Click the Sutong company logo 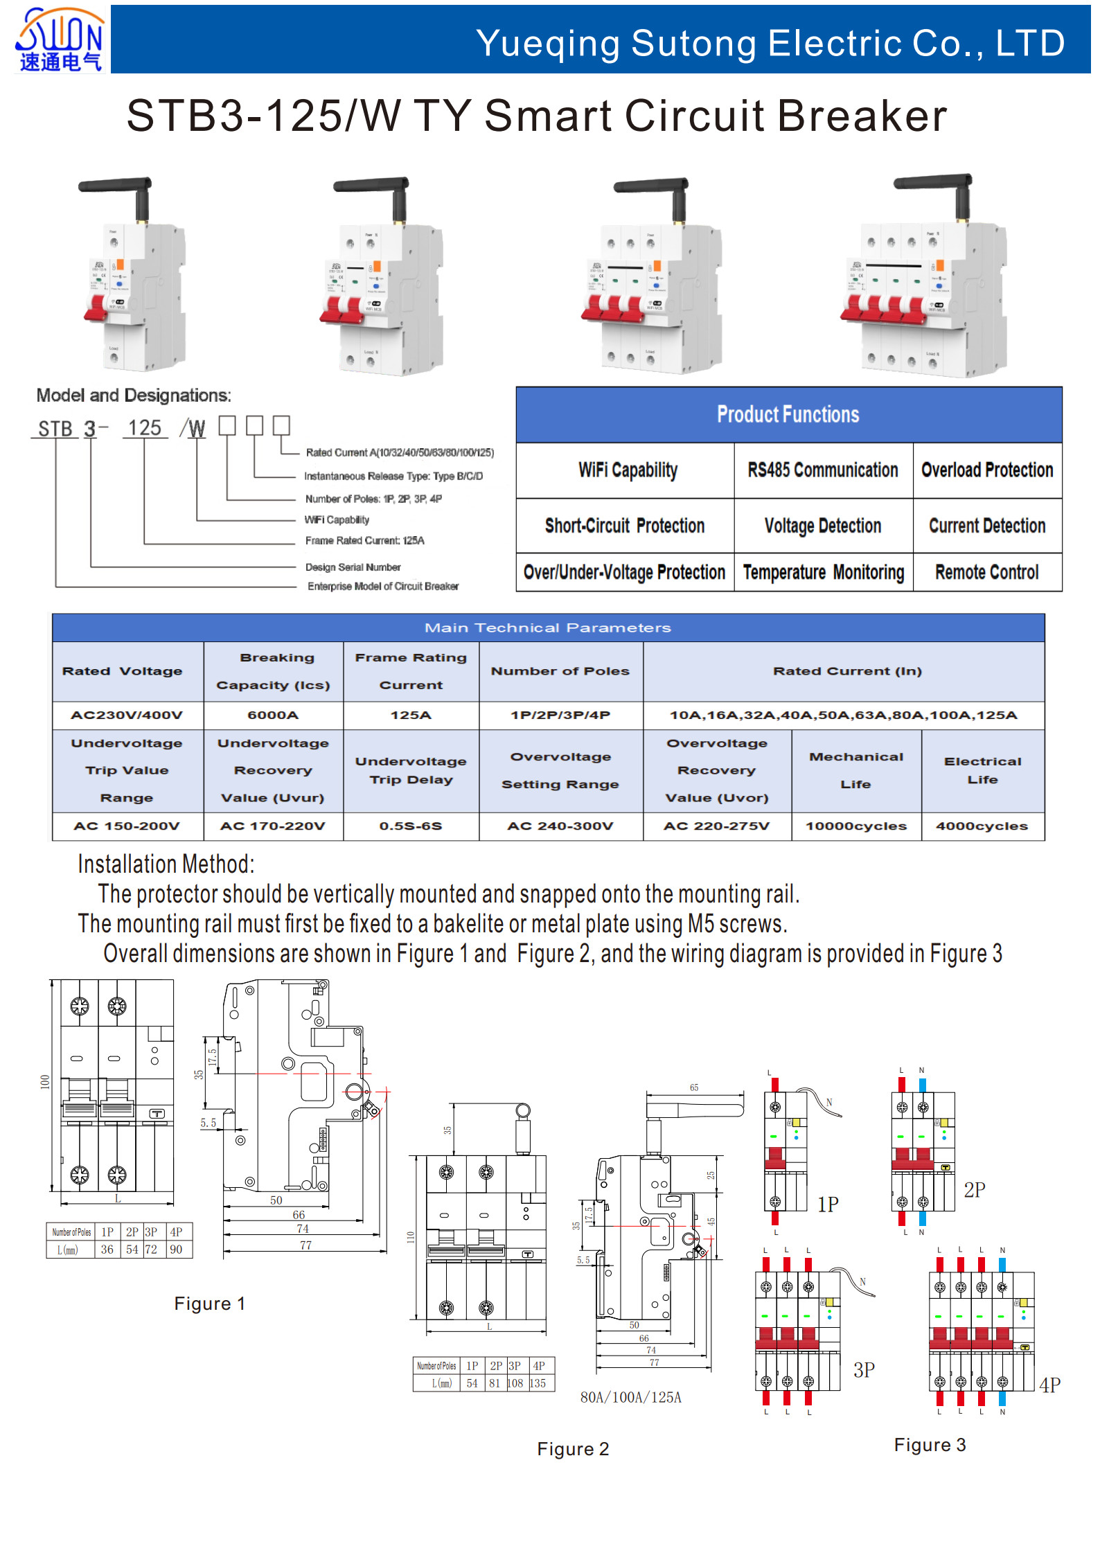click(60, 39)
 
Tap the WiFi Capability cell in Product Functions click(628, 470)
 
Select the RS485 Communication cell click(822, 470)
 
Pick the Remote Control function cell click(986, 572)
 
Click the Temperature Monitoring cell click(823, 572)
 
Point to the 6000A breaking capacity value click(273, 715)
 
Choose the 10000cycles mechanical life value click(855, 826)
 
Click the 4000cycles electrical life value click(982, 826)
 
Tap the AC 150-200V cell click(127, 826)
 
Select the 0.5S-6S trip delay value click(410, 826)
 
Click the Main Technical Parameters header click(547, 628)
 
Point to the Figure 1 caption click(209, 1304)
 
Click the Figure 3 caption click(930, 1445)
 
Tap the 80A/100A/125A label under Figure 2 click(630, 1397)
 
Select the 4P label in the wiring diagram click(1049, 1385)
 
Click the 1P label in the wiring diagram click(828, 1204)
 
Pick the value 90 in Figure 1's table click(176, 1250)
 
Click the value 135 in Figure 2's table click(538, 1383)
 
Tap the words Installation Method click(166, 864)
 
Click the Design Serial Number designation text click(353, 567)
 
